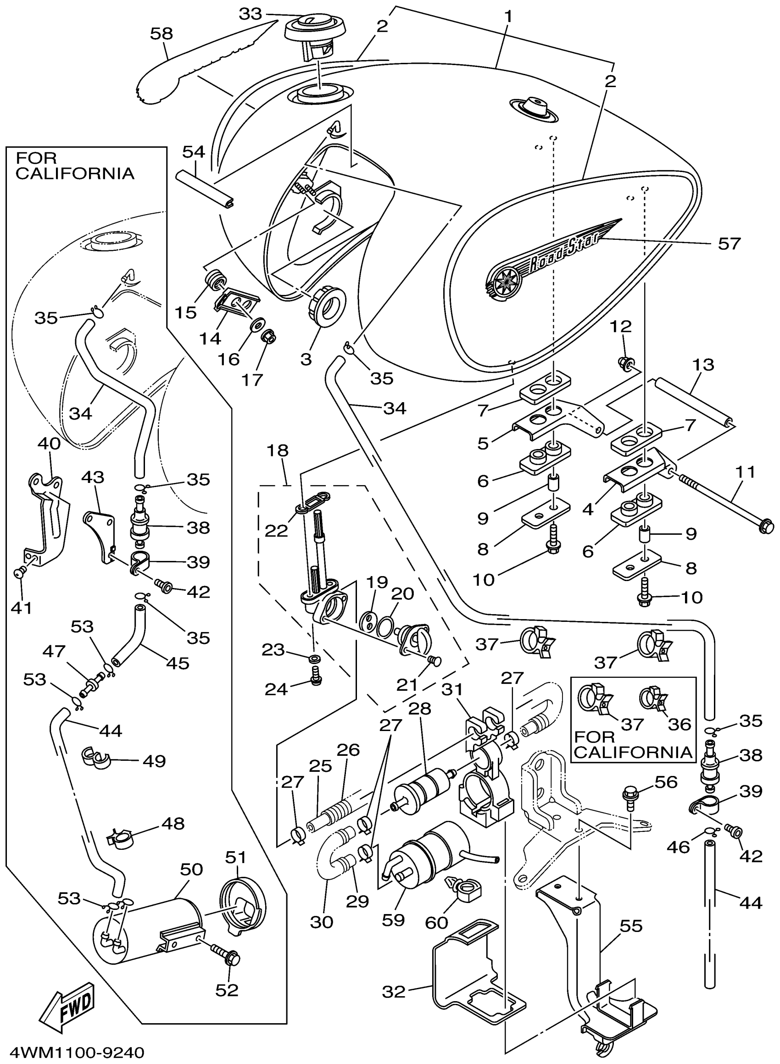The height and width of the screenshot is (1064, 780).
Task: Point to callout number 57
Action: pos(730,244)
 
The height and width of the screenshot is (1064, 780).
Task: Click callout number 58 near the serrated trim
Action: pos(162,33)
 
